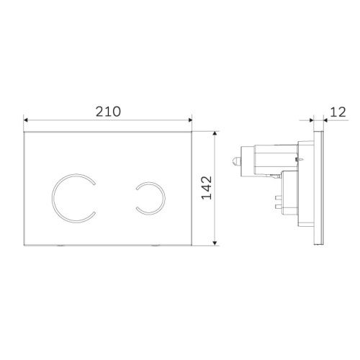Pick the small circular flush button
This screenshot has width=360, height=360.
[x=149, y=197]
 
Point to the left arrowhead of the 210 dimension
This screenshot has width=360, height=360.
[x=26, y=120]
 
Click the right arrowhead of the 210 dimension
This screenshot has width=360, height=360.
[x=192, y=120]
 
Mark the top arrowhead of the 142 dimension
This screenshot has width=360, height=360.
[x=217, y=133]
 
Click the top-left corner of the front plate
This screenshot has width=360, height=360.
[x=25, y=132]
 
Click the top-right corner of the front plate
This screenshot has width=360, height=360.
[x=193, y=132]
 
